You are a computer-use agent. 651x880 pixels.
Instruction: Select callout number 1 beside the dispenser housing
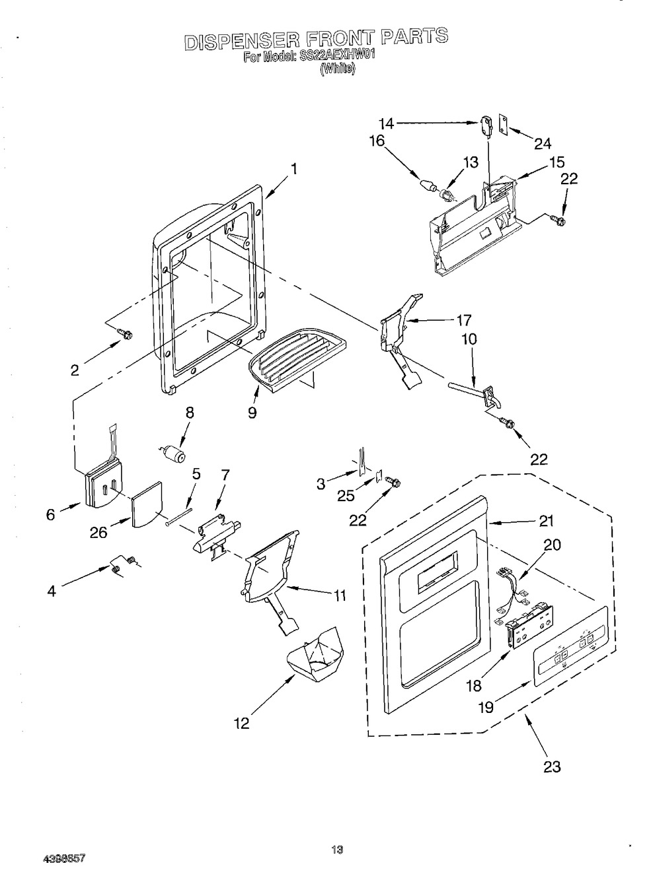(x=293, y=169)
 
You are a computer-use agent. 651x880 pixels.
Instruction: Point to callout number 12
(x=241, y=724)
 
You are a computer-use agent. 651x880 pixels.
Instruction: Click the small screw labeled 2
(x=123, y=335)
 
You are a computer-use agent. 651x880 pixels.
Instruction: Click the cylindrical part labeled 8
(x=175, y=454)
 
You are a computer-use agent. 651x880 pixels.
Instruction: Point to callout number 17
(x=463, y=320)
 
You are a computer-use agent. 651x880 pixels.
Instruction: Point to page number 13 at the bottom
(x=337, y=850)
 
